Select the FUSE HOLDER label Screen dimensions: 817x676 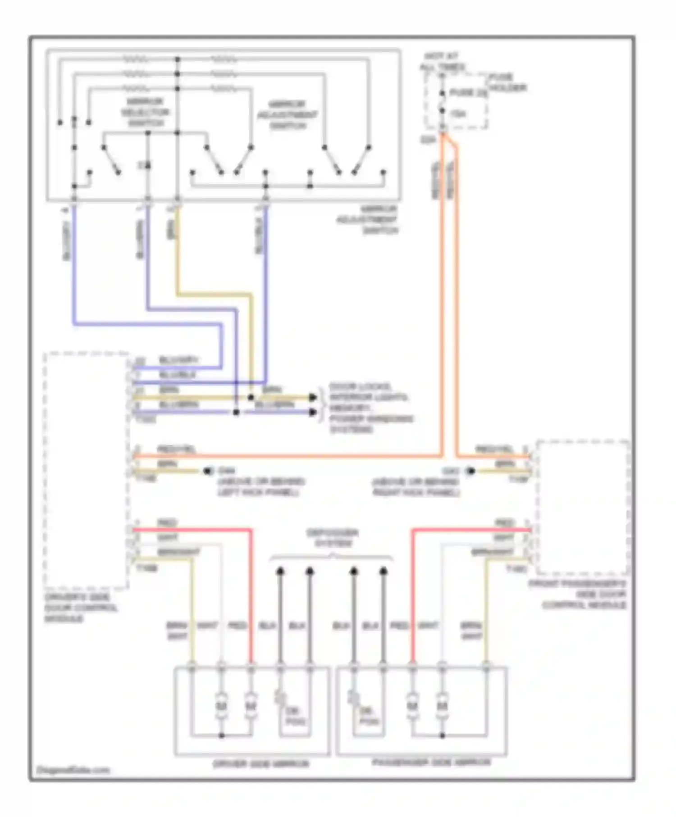pyautogui.click(x=507, y=82)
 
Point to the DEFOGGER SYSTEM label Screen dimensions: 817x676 pyautogui.click(x=332, y=538)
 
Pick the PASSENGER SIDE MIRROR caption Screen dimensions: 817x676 pyautogui.click(x=431, y=763)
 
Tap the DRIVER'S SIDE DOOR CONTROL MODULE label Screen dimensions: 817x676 pyautogui.click(x=80, y=608)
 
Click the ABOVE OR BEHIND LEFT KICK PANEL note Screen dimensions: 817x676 pyautogui.click(x=261, y=487)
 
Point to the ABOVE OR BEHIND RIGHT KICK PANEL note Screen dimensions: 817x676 pyautogui.click(x=416, y=487)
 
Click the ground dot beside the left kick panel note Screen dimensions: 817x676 pyautogui.click(x=208, y=471)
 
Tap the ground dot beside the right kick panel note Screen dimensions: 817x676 pyautogui.click(x=470, y=471)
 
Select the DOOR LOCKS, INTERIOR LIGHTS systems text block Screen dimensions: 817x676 pyautogui.click(x=370, y=408)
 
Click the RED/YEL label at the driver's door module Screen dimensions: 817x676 pyautogui.click(x=176, y=449)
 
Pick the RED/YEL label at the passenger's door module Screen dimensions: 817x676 pyautogui.click(x=494, y=449)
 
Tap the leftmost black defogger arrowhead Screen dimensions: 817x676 pyautogui.click(x=280, y=572)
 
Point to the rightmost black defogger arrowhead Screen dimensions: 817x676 pyautogui.click(x=384, y=572)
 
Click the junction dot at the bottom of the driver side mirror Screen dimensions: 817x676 pyautogui.click(x=221, y=735)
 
